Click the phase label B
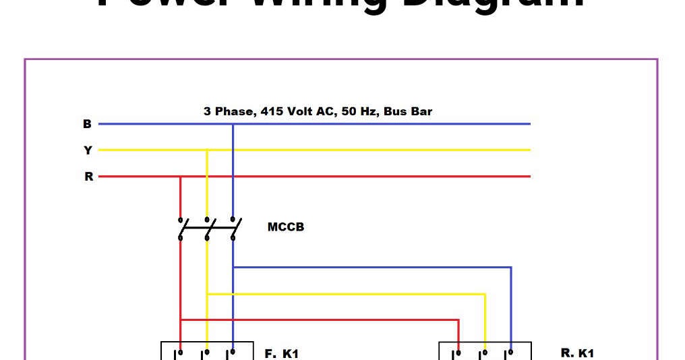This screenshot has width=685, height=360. (87, 124)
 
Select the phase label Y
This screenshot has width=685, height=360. (88, 150)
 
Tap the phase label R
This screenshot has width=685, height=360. (88, 177)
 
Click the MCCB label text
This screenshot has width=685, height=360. (286, 227)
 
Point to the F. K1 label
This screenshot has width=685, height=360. (282, 353)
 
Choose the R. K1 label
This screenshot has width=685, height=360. (577, 353)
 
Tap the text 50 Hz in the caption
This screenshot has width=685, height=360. (358, 111)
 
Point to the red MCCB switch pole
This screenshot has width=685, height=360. (181, 229)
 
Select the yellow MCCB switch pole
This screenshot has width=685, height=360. (207, 229)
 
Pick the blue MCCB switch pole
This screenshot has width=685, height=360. (233, 229)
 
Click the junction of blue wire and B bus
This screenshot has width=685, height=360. (233, 124)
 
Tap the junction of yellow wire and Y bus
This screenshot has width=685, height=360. (207, 150)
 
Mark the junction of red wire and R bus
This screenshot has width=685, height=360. (181, 177)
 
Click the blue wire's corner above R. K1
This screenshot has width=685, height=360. (510, 268)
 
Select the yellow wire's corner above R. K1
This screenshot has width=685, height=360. (485, 294)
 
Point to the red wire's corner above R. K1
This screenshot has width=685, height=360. (458, 320)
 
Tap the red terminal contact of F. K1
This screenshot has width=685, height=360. (181, 352)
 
